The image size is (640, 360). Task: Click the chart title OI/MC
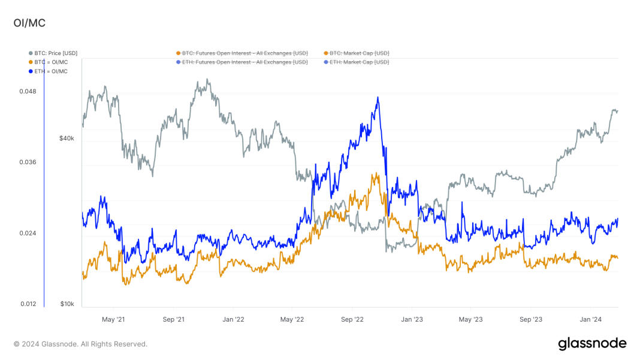coord(29,23)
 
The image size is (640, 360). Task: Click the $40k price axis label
coord(67,138)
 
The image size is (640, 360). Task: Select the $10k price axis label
coord(67,304)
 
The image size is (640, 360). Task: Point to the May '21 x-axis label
coord(113,319)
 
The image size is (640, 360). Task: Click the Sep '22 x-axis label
coord(352,319)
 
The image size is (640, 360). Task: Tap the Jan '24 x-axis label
coord(591,319)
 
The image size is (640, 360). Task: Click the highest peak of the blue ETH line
coord(378,98)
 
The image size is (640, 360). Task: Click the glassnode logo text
coord(592,344)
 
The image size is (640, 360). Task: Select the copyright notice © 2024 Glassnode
coord(80,344)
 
